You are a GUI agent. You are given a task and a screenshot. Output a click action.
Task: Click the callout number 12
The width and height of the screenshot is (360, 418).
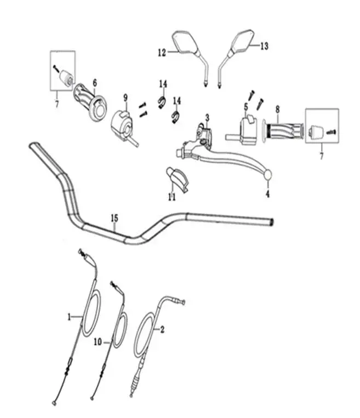pyautogui.click(x=162, y=53)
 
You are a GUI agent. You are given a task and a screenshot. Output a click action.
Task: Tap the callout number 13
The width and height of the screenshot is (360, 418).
pyautogui.click(x=264, y=46)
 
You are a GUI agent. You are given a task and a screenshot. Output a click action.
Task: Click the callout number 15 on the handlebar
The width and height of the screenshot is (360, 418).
pyautogui.click(x=114, y=219)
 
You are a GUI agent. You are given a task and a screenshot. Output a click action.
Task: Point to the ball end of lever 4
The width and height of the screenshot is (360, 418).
pyautogui.click(x=268, y=174)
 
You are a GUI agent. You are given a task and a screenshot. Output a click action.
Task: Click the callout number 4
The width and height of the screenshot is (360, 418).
pyautogui.click(x=268, y=194)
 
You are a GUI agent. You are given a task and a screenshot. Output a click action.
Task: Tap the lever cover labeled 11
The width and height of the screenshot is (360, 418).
pyautogui.click(x=177, y=179)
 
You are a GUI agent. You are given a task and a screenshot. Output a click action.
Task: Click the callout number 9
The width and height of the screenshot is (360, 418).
pyautogui.click(x=125, y=98)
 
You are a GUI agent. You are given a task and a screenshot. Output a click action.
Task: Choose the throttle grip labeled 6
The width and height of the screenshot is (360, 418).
pyautogui.click(x=90, y=102)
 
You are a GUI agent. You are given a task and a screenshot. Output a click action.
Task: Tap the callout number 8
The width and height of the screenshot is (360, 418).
pyautogui.click(x=278, y=110)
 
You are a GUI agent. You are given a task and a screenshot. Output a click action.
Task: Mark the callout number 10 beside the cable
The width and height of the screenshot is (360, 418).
pyautogui.click(x=98, y=341)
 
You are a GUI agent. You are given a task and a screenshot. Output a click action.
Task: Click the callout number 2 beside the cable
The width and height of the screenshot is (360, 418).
pyautogui.click(x=162, y=330)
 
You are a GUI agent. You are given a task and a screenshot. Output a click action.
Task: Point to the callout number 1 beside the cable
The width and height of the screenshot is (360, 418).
pyautogui.click(x=69, y=317)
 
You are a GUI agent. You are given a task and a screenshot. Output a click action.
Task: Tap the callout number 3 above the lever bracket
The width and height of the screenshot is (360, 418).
pyautogui.click(x=207, y=118)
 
